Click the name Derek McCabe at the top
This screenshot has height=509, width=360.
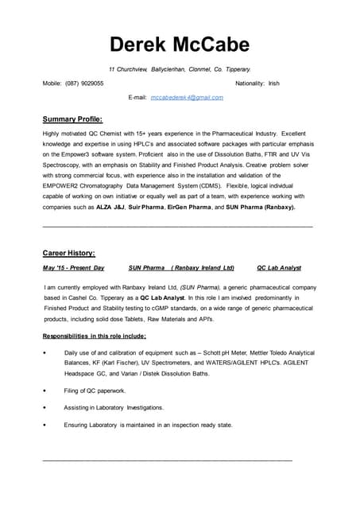[x=180, y=45]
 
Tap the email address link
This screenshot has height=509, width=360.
[x=187, y=97]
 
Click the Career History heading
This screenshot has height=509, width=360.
[x=68, y=253]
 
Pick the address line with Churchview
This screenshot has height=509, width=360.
[x=180, y=69]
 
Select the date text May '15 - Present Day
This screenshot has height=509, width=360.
[x=73, y=268]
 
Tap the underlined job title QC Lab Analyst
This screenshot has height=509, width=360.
[x=279, y=268]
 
